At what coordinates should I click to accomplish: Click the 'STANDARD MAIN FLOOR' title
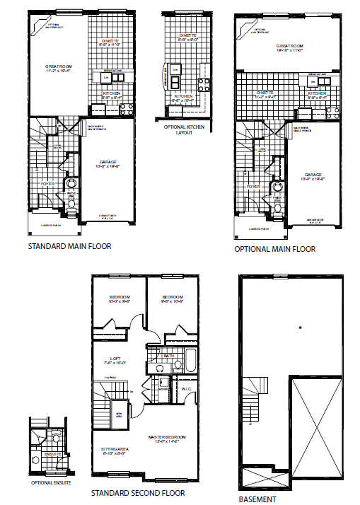pos(69,247)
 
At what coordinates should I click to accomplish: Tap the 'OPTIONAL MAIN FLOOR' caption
pos(275,249)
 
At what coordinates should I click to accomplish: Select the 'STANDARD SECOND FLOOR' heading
pos(138,492)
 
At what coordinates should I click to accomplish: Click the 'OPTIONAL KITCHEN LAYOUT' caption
pos(181,130)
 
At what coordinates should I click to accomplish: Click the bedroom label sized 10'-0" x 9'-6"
pos(117,296)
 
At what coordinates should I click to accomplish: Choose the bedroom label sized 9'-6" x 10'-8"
pos(172,296)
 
